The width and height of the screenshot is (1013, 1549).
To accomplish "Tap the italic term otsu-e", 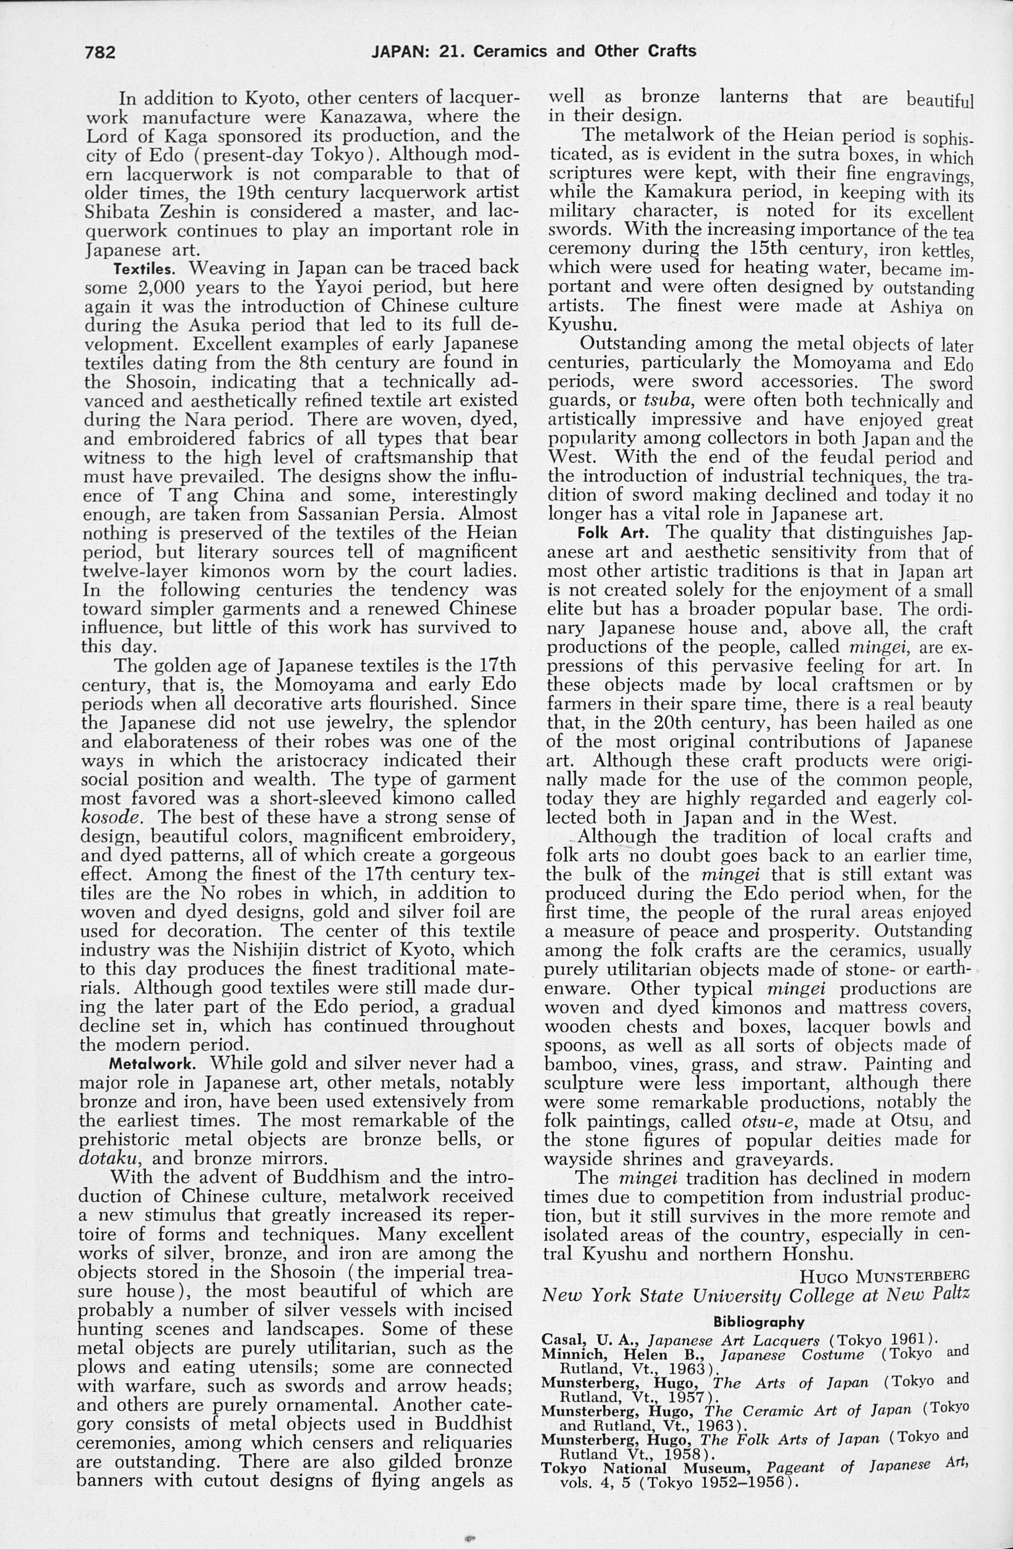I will (768, 1122).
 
